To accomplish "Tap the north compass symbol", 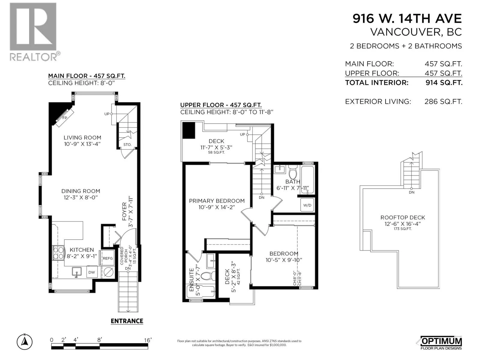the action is pos(25,341).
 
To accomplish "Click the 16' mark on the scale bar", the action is pos(148,340).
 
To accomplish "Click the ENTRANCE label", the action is pos(127,321).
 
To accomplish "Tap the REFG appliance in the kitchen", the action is pos(108,258).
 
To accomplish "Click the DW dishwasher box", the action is pos(92,272).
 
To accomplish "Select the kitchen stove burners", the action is pos(58,253).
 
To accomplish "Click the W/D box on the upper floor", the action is pos(307,205).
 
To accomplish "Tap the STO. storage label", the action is pos(127,145).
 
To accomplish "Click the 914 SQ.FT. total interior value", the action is pos(444,82).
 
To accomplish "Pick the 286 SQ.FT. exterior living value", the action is pos(443,101).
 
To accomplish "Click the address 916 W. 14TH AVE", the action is pos(407,18).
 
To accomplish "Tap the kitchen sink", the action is pos(76,272).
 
